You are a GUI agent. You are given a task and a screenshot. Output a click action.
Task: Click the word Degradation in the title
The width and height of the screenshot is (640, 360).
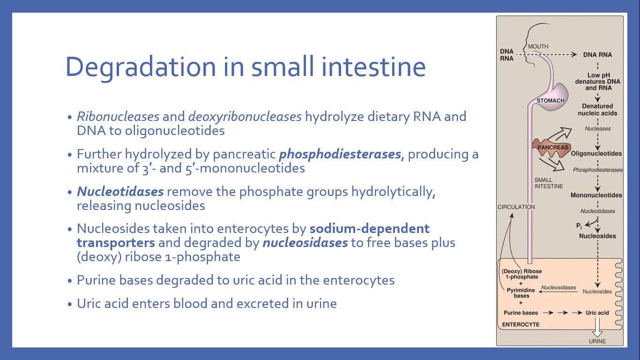(x=141, y=67)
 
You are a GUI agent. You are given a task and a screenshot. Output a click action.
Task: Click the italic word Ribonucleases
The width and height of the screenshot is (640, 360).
(x=118, y=117)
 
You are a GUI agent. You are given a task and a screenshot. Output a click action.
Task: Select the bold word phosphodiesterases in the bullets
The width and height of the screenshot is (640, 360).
(x=340, y=154)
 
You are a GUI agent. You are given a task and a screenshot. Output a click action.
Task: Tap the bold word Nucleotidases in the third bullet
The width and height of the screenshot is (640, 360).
(x=120, y=192)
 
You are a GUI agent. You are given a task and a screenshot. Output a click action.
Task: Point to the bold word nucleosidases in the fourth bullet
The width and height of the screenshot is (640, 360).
(x=305, y=243)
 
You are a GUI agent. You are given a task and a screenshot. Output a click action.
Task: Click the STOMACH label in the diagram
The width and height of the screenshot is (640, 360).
(x=551, y=101)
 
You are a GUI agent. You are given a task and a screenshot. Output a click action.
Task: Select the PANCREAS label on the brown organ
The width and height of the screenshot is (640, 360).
(x=553, y=148)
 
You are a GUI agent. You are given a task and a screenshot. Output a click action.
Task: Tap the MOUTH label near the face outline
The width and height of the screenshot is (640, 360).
(x=538, y=46)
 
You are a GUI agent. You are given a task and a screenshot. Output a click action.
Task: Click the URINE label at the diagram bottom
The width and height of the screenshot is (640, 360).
(x=597, y=341)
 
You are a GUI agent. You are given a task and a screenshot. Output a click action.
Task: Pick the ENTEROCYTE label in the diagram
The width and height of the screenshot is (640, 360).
(x=521, y=324)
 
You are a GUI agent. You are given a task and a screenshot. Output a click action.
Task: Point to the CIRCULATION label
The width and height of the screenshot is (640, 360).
(x=516, y=207)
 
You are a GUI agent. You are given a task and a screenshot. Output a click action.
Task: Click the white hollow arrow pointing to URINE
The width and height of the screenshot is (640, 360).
(x=597, y=328)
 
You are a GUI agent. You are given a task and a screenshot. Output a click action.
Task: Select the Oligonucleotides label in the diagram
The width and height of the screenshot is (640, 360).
(x=596, y=154)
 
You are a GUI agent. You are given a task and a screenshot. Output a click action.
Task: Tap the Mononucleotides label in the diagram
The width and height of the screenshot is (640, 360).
(x=596, y=195)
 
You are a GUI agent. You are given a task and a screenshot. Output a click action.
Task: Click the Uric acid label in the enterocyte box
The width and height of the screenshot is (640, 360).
(x=597, y=313)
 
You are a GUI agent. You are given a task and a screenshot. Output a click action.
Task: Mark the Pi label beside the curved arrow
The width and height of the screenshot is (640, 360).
(x=579, y=226)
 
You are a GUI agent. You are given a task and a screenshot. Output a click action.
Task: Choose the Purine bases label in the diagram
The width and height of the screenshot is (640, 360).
(x=521, y=313)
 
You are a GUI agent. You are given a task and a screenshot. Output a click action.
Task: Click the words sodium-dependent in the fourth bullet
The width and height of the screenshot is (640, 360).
(x=369, y=229)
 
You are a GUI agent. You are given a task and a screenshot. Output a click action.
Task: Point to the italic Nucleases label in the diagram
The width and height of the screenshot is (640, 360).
(x=597, y=129)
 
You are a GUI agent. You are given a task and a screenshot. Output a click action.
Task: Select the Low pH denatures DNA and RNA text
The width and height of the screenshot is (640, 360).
(x=598, y=82)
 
